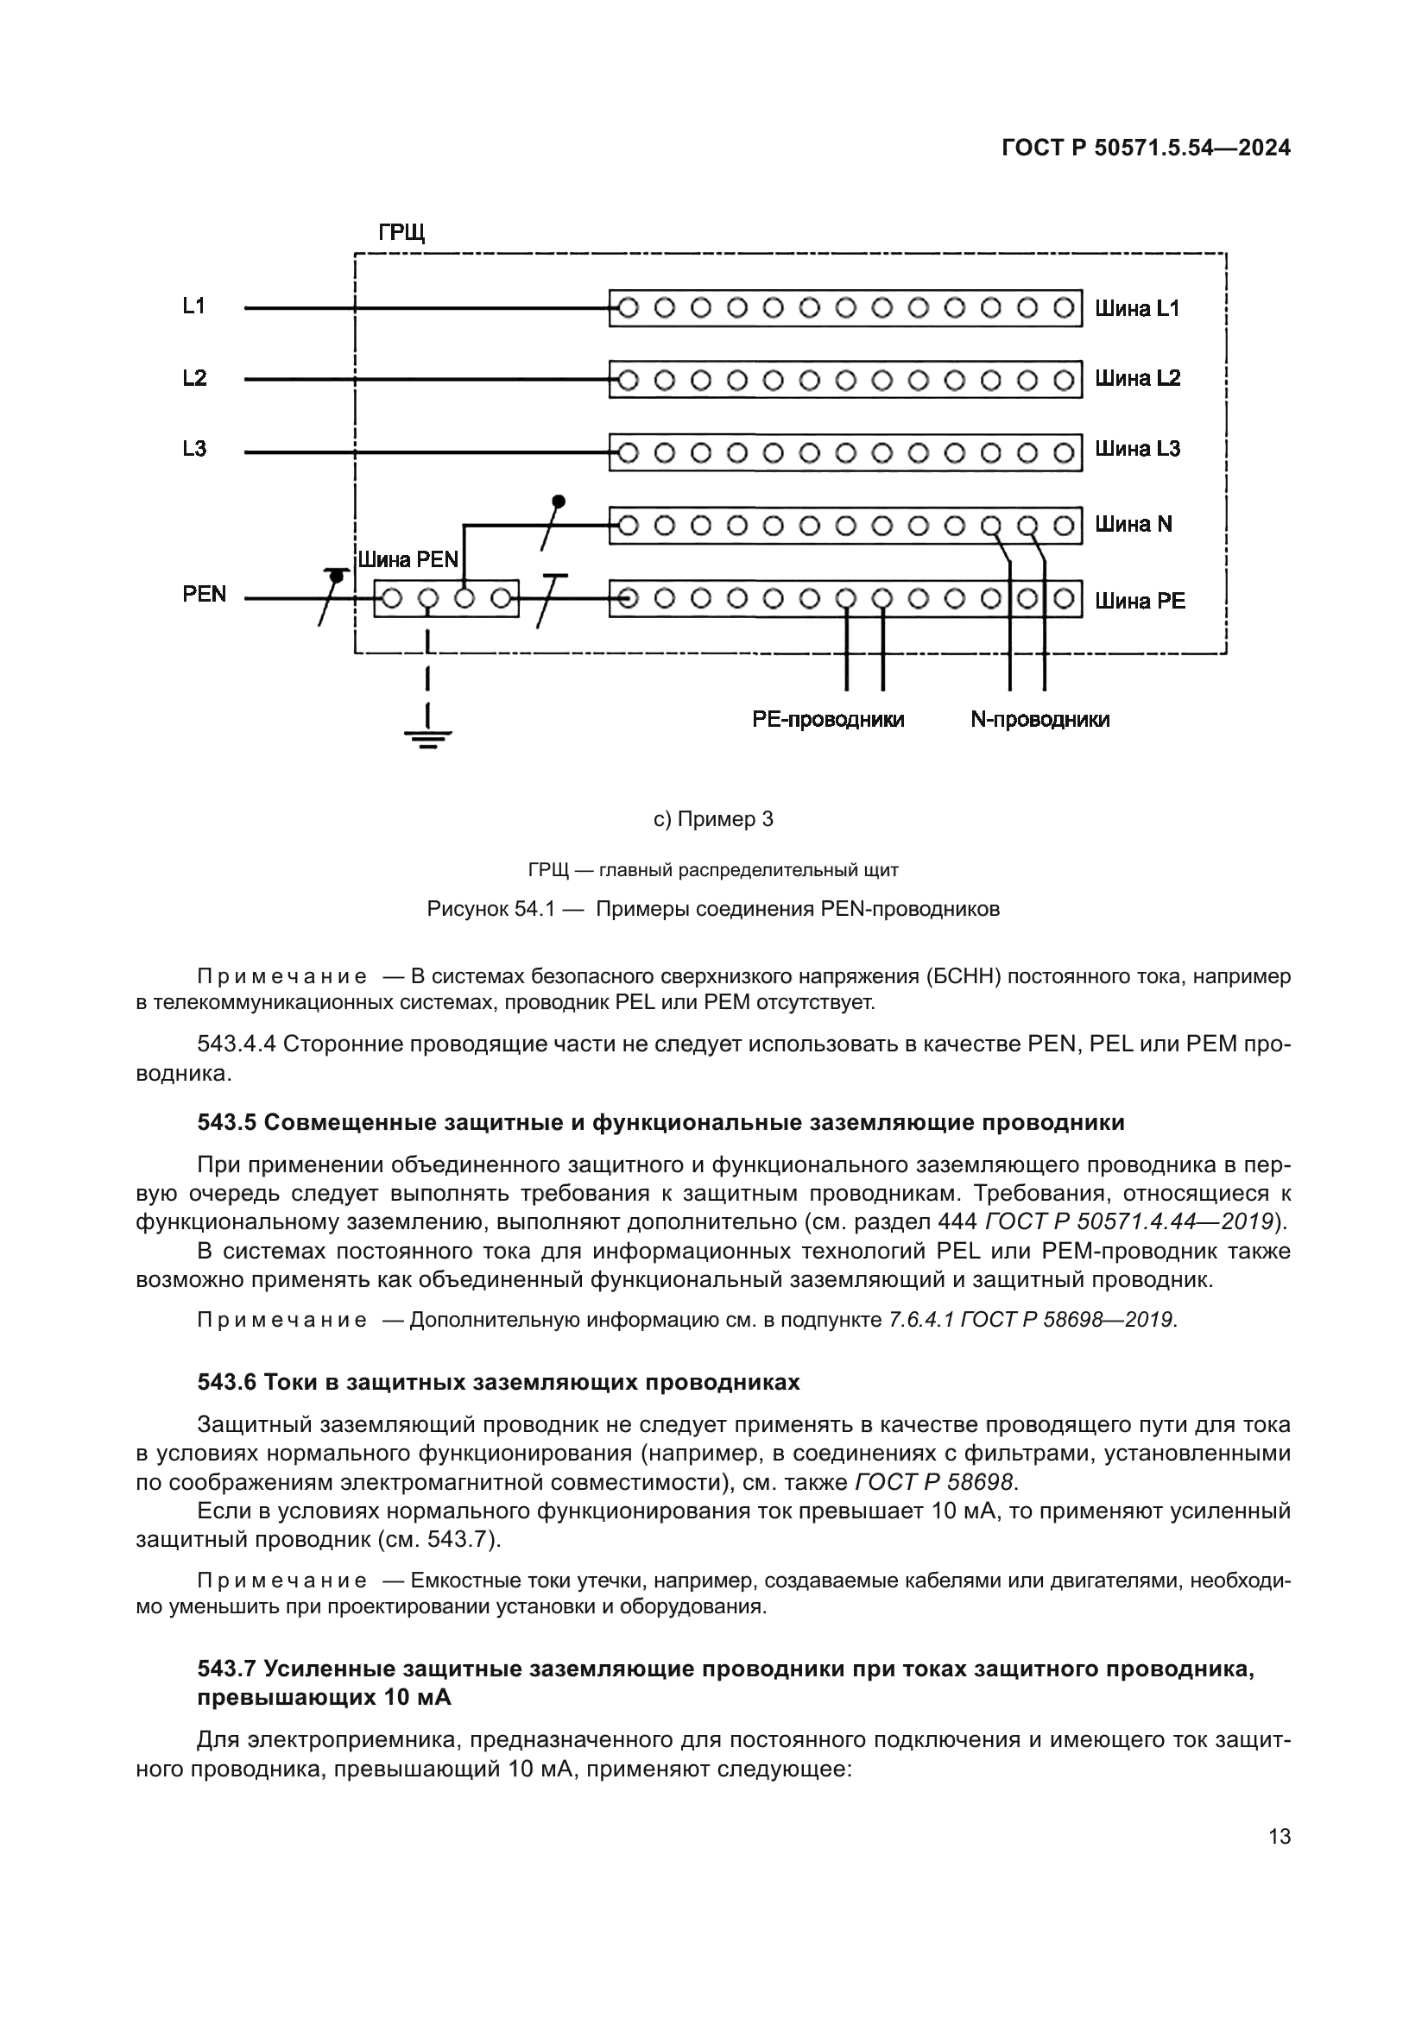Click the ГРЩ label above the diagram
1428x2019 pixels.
[401, 233]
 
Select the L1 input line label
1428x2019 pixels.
[194, 306]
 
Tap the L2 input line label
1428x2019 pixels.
[194, 378]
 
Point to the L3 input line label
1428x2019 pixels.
[194, 450]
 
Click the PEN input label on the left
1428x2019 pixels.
[204, 595]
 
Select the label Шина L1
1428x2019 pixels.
[1137, 309]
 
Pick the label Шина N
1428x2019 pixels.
[1134, 525]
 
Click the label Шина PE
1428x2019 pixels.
[1140, 602]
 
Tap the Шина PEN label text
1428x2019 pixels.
[409, 561]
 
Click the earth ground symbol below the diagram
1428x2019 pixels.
[427, 735]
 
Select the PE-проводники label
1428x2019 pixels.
[828, 719]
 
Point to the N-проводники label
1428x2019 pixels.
[1039, 719]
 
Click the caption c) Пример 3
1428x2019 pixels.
[713, 819]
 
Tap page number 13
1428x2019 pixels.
[1280, 1837]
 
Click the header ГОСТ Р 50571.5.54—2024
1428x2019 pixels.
[1146, 148]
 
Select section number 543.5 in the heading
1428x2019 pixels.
[227, 1123]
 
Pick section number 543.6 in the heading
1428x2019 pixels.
[227, 1382]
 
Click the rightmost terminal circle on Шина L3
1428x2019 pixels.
[1063, 453]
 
